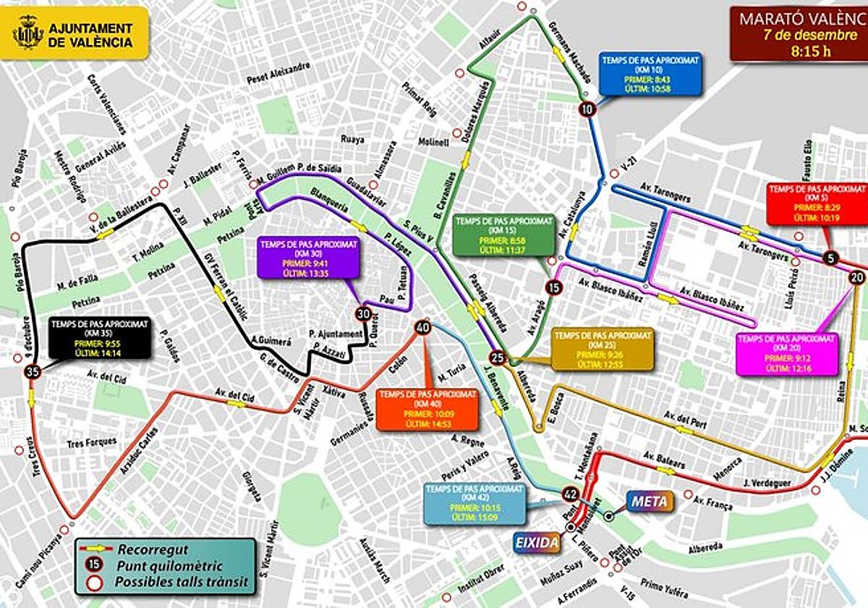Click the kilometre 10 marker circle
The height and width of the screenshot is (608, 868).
pos(586,109)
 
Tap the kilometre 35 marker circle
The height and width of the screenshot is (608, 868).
pos(31,372)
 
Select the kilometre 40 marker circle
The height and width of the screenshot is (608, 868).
pos(423,328)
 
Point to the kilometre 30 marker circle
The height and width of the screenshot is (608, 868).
pos(363,313)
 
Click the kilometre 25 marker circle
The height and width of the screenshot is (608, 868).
pos(497,356)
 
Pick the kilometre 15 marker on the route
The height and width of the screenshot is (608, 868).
pos(554,287)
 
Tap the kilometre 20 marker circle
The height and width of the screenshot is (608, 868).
pos(857,276)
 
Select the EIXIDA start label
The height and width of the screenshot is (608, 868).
pos(537,542)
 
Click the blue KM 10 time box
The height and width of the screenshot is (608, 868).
pos(650,75)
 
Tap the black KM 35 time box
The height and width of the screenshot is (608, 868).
pos(101,338)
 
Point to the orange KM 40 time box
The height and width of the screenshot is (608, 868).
pos(427,409)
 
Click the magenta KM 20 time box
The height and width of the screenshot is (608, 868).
pos(786,353)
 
